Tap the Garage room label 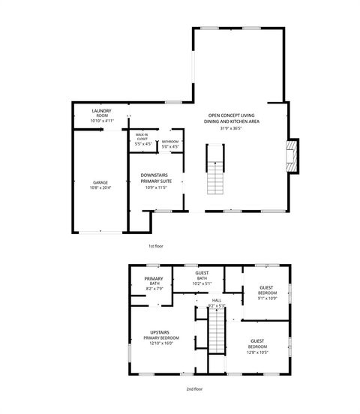coord(100,181)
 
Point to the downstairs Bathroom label coord(170,141)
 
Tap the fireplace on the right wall coord(292,155)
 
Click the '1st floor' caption coord(156,246)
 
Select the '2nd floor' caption coord(194,388)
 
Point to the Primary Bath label coord(154,280)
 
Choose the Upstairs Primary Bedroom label coord(159,332)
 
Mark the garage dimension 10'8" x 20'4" coord(100,187)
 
